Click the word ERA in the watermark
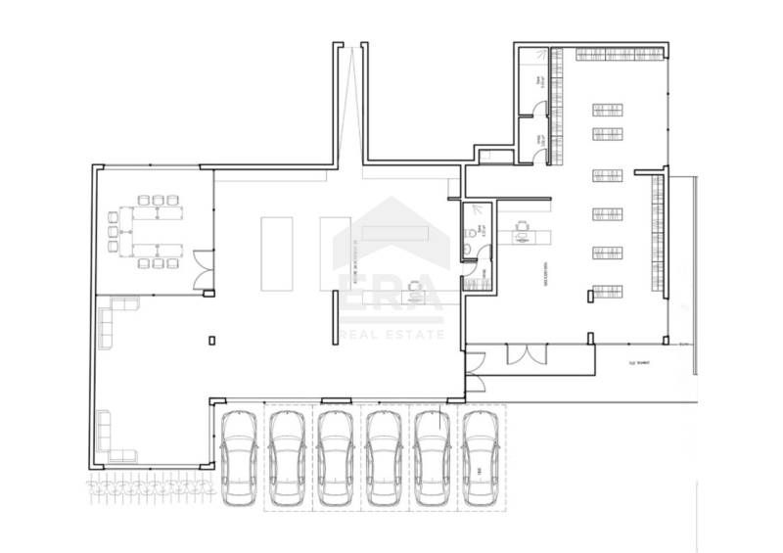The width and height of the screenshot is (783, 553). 390,293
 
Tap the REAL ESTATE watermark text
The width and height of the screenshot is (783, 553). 391,335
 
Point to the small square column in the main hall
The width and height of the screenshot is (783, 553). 212,340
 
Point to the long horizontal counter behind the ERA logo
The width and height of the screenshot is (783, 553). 395,233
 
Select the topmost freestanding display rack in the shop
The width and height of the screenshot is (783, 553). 607,109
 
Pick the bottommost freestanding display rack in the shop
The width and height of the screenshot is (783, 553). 607,291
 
